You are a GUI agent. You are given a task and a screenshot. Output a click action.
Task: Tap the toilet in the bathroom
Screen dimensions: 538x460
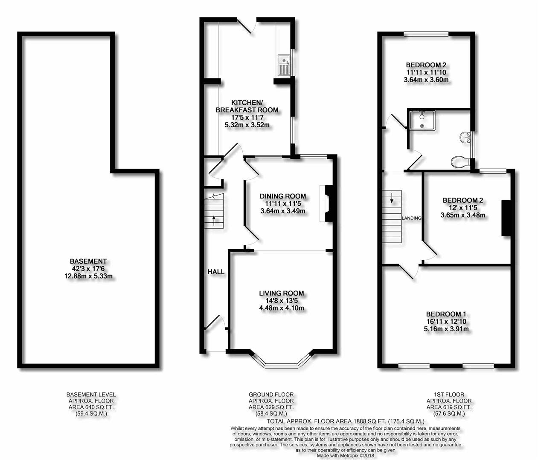460,162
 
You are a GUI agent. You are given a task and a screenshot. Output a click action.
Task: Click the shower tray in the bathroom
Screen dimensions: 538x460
422,120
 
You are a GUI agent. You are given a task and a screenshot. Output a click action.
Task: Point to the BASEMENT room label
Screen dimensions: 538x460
88,261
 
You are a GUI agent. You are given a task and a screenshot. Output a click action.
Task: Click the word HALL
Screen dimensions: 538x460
216,272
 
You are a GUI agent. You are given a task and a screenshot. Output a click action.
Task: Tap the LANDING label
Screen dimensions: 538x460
412,218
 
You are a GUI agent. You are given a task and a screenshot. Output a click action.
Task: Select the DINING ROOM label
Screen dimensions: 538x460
283,196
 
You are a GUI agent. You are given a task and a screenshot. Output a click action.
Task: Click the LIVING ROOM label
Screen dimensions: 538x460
281,293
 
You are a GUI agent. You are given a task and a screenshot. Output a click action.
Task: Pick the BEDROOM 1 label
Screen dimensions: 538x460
446,314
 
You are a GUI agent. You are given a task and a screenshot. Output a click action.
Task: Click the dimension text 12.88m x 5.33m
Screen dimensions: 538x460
88,276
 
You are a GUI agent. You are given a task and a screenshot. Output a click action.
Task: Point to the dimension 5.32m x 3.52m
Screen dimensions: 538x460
247,125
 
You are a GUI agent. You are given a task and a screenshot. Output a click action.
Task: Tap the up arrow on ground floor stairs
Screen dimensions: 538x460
214,221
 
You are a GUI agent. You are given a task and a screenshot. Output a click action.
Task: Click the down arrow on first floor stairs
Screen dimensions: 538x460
392,198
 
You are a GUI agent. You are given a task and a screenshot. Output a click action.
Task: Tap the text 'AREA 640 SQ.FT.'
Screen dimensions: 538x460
91,407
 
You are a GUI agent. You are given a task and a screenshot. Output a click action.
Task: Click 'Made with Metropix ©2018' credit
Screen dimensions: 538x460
346,456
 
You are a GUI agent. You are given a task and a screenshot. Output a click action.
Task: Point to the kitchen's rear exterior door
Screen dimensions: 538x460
247,26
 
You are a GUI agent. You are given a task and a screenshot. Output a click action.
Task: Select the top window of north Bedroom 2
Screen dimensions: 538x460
426,34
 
